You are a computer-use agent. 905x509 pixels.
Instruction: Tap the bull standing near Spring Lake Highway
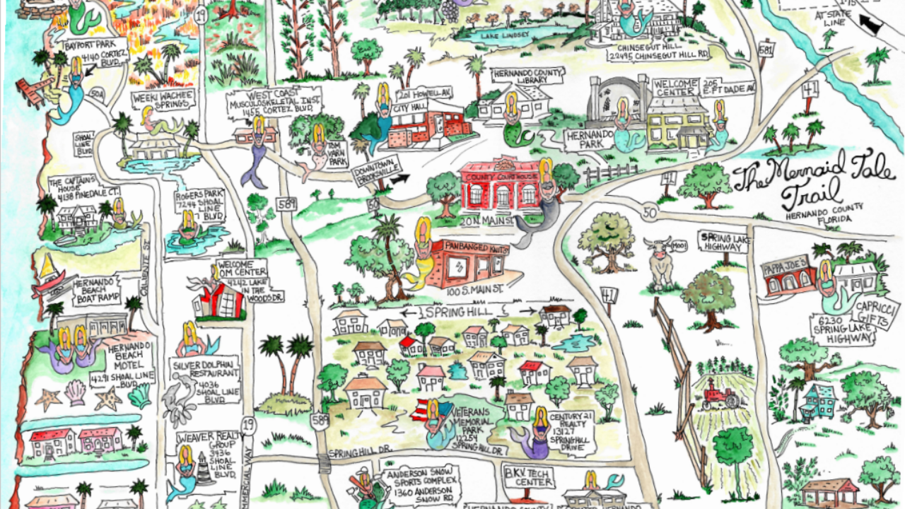[660, 260]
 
